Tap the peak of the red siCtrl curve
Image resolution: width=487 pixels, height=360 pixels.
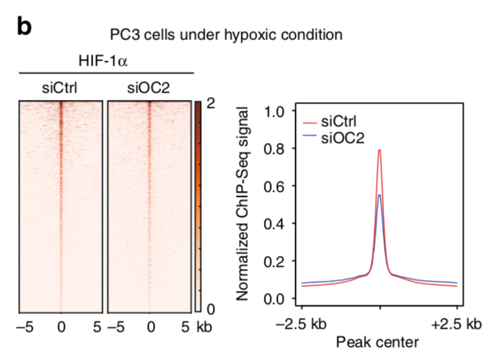coord(380,150)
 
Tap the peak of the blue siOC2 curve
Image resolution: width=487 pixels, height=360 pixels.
coord(380,195)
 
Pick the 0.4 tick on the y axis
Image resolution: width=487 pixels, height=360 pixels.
coord(274,224)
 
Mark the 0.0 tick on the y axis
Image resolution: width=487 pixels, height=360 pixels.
coord(274,298)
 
